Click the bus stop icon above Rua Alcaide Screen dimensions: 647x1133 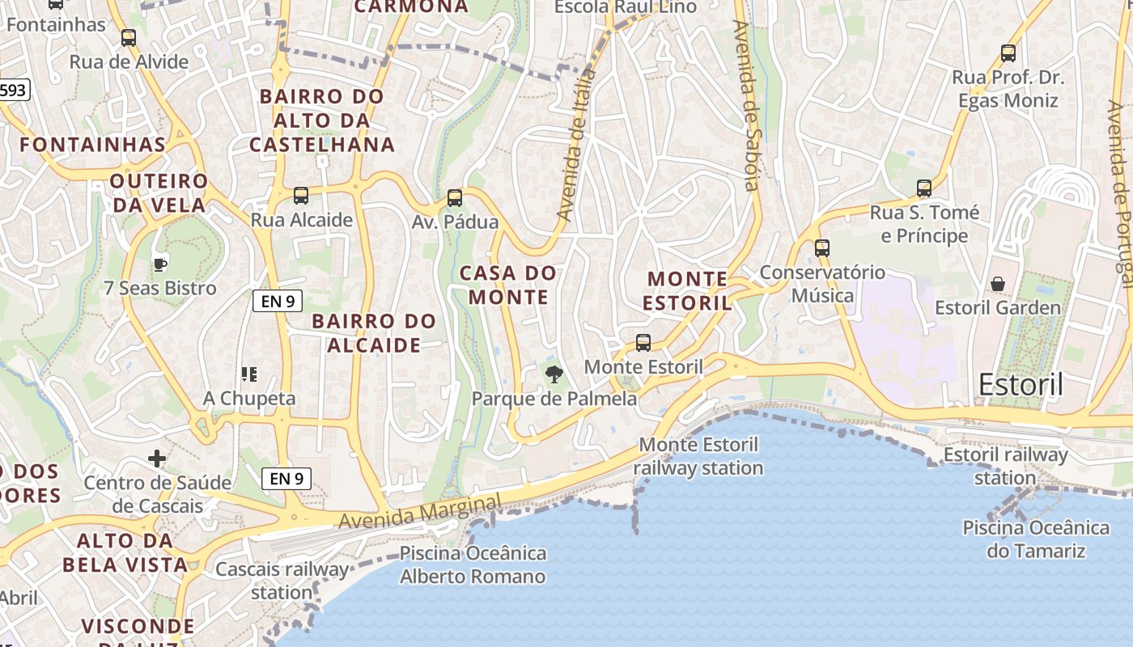click(x=301, y=195)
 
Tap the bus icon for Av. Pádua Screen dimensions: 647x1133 click(x=455, y=197)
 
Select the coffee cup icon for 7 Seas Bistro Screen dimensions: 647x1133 click(x=160, y=264)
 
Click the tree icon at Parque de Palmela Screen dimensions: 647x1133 click(x=554, y=374)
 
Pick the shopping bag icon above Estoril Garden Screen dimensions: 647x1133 click(x=998, y=284)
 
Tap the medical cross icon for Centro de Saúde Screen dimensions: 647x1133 click(x=157, y=459)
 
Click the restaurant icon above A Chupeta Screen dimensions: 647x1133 click(x=249, y=374)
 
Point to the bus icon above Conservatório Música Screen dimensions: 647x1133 click(x=822, y=248)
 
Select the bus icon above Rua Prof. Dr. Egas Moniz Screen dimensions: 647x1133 click(x=1008, y=54)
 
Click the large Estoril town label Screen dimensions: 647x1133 click(x=1021, y=385)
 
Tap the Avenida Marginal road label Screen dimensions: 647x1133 click(x=420, y=513)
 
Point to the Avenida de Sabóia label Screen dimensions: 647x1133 click(x=746, y=105)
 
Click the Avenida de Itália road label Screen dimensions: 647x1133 click(x=577, y=146)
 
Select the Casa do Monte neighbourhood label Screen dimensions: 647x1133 click(x=508, y=285)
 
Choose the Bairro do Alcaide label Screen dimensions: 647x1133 click(x=374, y=333)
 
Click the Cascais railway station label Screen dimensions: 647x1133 click(x=282, y=581)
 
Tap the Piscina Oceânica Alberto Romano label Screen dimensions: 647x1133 click(x=473, y=565)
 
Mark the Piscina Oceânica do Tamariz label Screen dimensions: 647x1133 click(x=1036, y=539)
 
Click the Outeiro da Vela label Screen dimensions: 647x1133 click(x=159, y=192)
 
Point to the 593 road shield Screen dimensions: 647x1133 click(x=13, y=91)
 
